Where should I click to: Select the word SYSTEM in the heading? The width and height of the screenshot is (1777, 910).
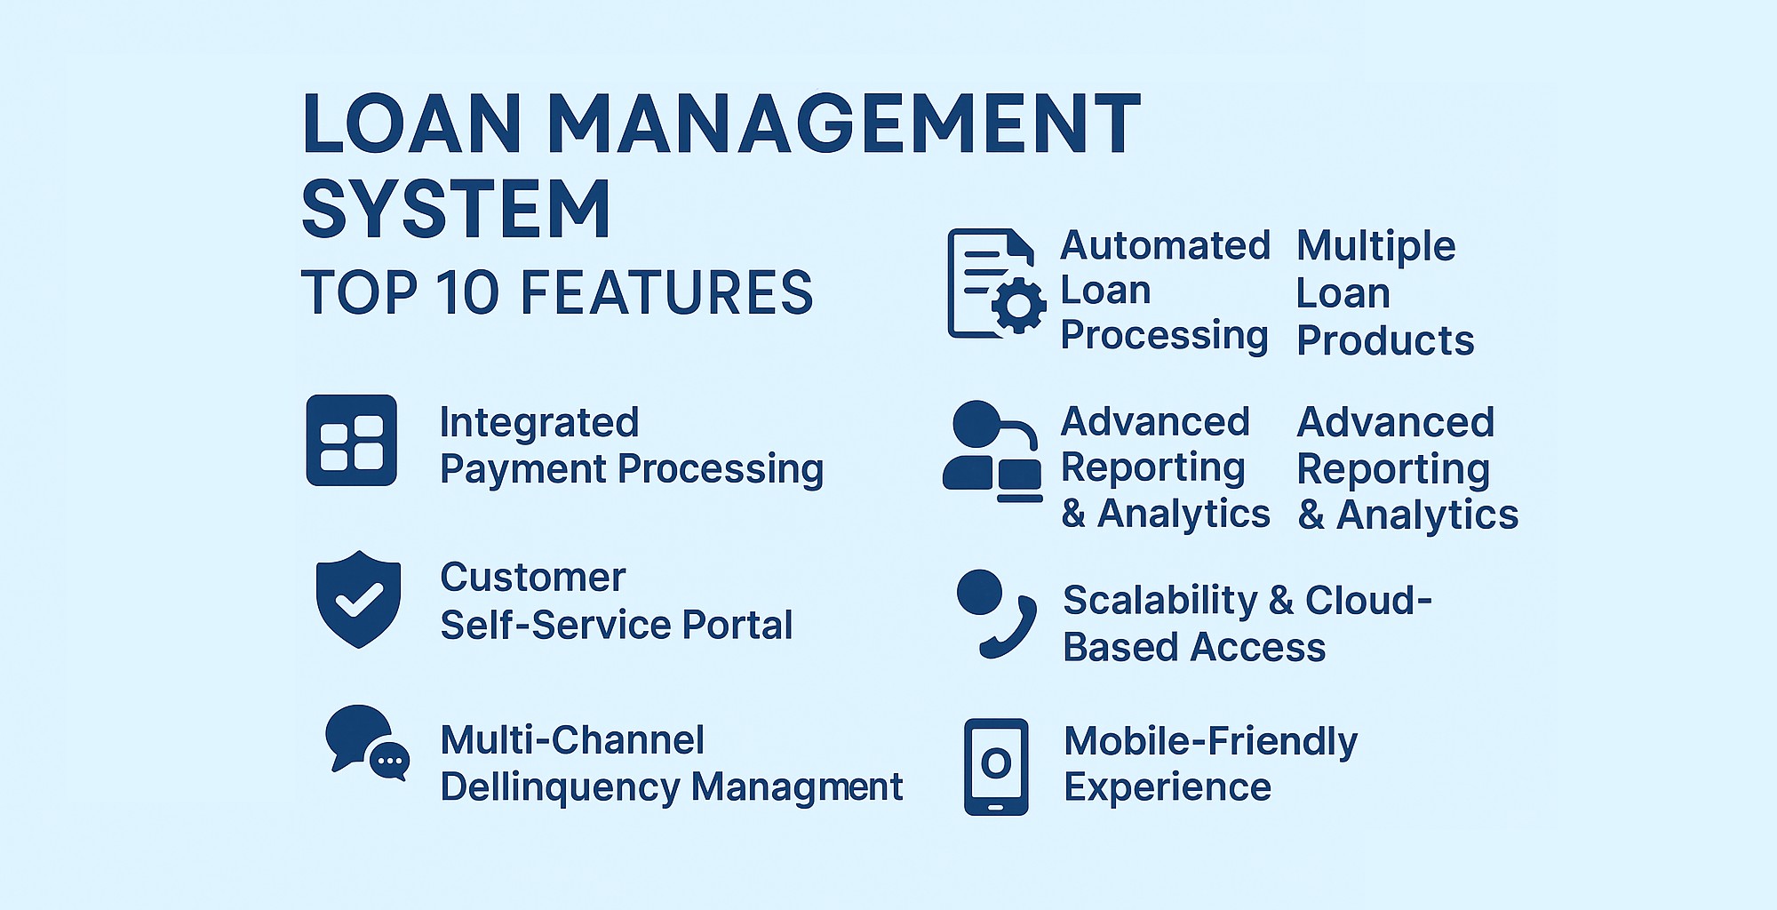coord(456,209)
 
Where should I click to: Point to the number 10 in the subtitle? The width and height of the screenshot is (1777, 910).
coord(467,292)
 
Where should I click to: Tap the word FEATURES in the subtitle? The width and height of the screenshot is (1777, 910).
coord(666,292)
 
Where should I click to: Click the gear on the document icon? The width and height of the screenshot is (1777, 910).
coord(1018,306)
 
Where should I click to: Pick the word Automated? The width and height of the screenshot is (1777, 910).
coord(1166,245)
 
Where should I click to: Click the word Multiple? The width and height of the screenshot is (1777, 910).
coord(1375,246)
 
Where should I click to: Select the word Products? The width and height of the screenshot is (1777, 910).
coord(1385,340)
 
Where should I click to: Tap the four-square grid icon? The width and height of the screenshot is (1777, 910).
coord(352,441)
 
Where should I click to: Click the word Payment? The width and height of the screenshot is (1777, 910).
coord(525,469)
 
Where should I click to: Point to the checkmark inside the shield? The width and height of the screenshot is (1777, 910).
coord(359,600)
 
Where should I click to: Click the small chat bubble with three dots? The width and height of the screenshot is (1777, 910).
coord(389,761)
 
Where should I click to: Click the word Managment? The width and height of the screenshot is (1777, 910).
coord(797,787)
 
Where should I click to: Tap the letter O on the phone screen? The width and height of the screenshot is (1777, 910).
coord(996,762)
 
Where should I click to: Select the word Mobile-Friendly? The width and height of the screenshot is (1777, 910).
coord(1210,741)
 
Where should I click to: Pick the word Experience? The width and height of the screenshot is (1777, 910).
coord(1167,787)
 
